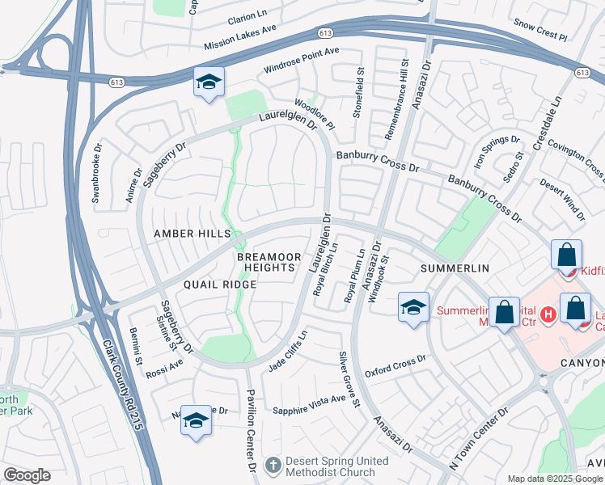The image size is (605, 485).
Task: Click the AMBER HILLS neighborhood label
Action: [192, 233]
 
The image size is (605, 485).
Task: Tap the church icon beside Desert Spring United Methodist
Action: [273, 466]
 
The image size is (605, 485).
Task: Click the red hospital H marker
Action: [548, 313]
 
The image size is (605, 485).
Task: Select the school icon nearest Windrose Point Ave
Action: [209, 82]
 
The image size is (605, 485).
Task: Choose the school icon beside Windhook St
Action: [413, 308]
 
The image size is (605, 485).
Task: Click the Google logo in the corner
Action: [27, 475]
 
